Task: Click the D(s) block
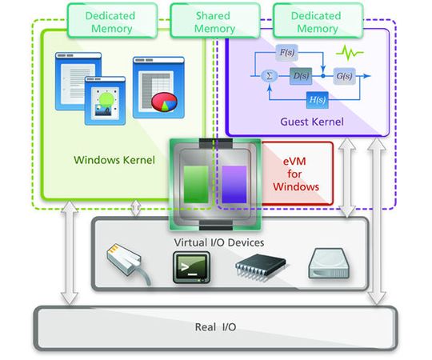pos(301,76)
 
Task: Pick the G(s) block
pos(345,76)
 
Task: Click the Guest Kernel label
pos(312,122)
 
